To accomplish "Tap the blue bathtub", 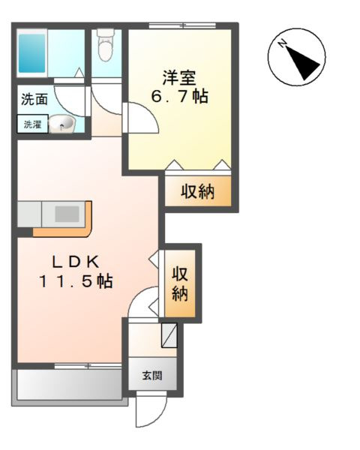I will (33, 51).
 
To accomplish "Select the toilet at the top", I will (106, 47).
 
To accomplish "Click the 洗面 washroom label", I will (32, 99).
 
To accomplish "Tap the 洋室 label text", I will (179, 77).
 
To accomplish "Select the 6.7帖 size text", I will (179, 97).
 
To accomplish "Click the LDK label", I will (75, 262).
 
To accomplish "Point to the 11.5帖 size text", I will (75, 282).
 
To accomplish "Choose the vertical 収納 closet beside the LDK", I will (181, 283).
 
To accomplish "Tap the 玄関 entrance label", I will (153, 374).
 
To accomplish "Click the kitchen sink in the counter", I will (66, 214).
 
